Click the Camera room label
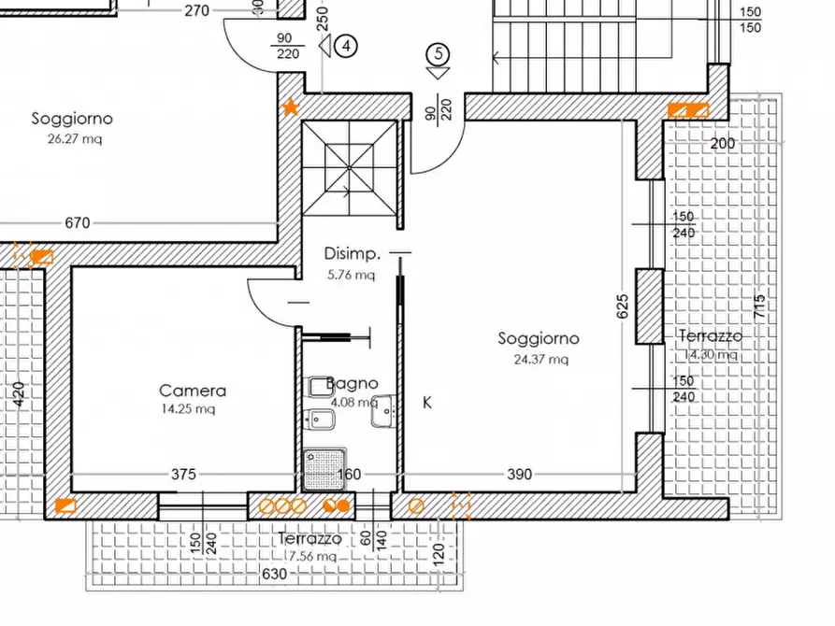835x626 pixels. pyautogui.click(x=192, y=391)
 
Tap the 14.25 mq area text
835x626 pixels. pyautogui.click(x=192, y=408)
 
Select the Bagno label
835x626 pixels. pyautogui.click(x=353, y=383)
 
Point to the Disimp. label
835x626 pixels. pyautogui.click(x=353, y=253)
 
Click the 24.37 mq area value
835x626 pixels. pyautogui.click(x=540, y=358)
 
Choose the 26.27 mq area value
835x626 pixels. pyautogui.click(x=73, y=138)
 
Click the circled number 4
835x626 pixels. pyautogui.click(x=348, y=44)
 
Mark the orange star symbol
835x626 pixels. pyautogui.click(x=291, y=108)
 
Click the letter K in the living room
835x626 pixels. pyautogui.click(x=427, y=403)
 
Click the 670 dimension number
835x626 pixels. pyautogui.click(x=78, y=222)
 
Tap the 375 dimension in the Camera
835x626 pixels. pyautogui.click(x=184, y=475)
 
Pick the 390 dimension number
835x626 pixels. pyautogui.click(x=519, y=475)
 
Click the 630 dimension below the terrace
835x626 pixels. pyautogui.click(x=275, y=575)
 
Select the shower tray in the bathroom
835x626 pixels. pyautogui.click(x=324, y=468)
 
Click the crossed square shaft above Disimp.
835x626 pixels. pyautogui.click(x=350, y=168)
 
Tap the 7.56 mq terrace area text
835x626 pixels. pyautogui.click(x=312, y=556)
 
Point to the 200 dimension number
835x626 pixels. pyautogui.click(x=722, y=144)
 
